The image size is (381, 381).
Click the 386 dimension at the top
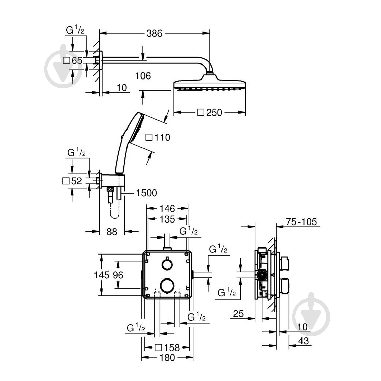154,33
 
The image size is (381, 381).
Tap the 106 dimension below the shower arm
143,76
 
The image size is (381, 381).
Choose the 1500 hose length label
147,193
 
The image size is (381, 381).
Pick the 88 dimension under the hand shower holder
112,232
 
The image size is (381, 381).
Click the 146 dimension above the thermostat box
167,209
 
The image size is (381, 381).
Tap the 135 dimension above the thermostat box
167,219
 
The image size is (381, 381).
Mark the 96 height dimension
118,275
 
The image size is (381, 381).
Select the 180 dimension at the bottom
167,358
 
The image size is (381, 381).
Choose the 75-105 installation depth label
301,222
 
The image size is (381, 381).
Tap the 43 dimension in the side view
303,341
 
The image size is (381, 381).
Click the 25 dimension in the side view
238,314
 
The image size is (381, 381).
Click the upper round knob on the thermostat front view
167,264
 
